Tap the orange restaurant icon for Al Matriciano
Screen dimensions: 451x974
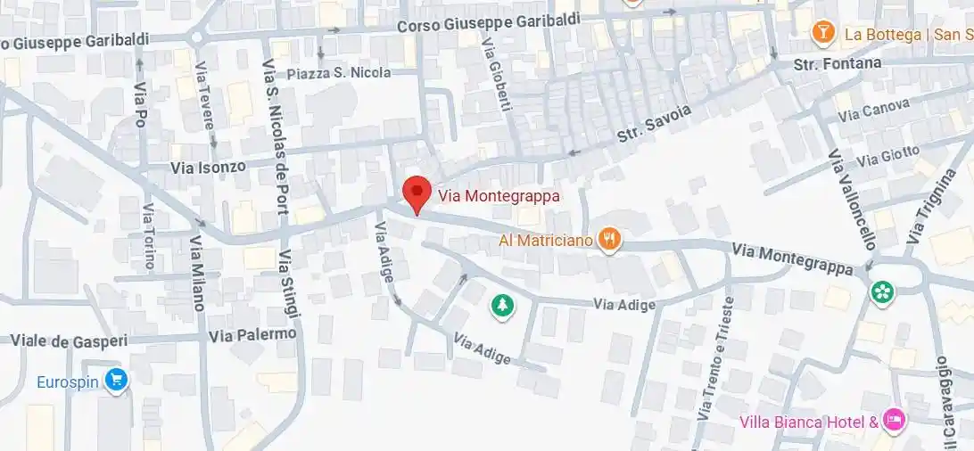click(x=610, y=239)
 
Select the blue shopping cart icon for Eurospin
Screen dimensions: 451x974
click(x=115, y=381)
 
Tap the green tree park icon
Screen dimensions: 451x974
click(x=503, y=307)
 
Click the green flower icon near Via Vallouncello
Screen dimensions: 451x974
click(x=883, y=291)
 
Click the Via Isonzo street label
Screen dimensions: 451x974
click(x=208, y=167)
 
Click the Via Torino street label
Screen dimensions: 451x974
click(x=149, y=236)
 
